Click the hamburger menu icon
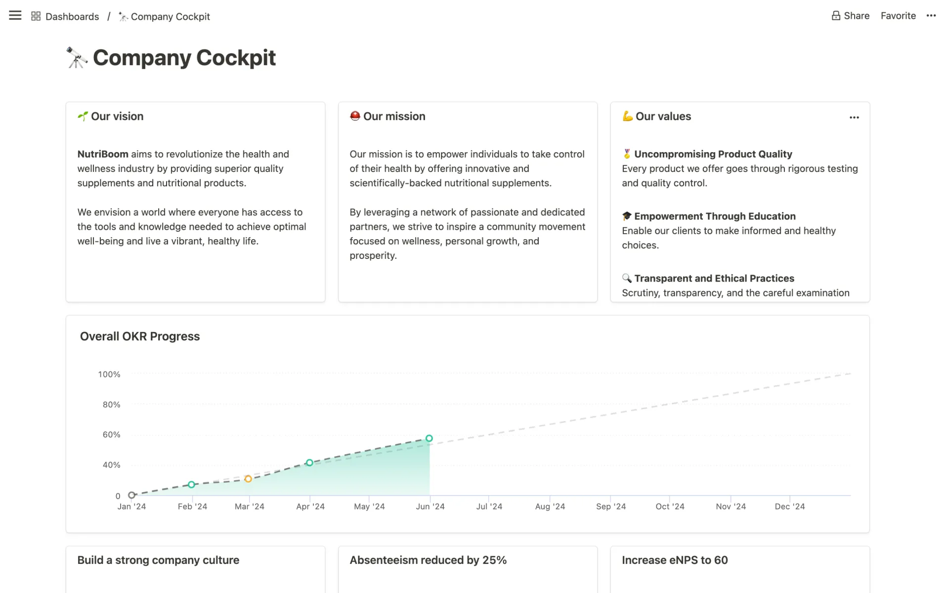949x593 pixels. tap(15, 16)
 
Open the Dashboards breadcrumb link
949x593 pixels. tap(72, 17)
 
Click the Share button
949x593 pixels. tap(850, 16)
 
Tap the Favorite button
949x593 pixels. tap(898, 16)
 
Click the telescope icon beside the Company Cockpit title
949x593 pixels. tap(77, 58)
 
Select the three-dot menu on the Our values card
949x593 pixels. tap(854, 118)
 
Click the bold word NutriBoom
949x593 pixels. tap(103, 154)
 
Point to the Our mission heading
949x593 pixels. tap(394, 117)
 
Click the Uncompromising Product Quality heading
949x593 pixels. tap(713, 154)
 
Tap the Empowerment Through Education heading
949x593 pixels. tap(715, 216)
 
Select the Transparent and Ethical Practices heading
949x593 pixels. tap(714, 279)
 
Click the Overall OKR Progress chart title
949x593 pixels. tap(140, 337)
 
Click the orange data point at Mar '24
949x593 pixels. tap(248, 479)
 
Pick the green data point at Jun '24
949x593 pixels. tap(429, 438)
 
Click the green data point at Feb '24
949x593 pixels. tap(191, 485)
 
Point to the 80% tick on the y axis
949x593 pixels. tap(111, 405)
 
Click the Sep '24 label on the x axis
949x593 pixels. tap(610, 507)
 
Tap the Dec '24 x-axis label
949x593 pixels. tap(789, 507)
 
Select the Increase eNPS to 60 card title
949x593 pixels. tap(675, 560)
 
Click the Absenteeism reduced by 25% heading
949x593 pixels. tap(428, 560)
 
